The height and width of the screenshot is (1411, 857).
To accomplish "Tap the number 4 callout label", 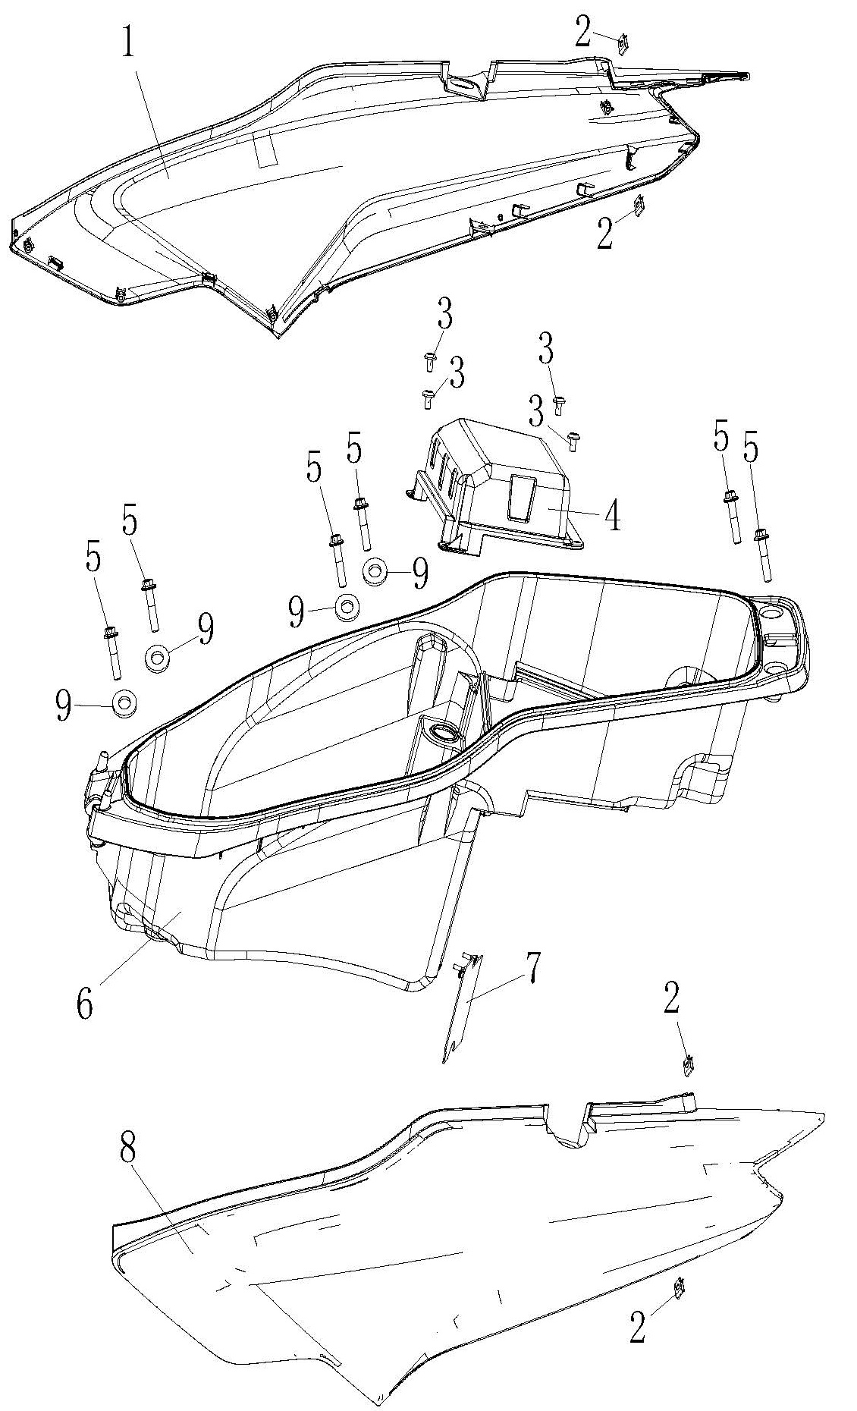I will pos(612,516).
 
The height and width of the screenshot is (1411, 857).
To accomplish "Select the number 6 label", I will pos(83,1004).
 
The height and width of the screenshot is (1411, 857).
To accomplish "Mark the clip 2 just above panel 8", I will pos(689,1066).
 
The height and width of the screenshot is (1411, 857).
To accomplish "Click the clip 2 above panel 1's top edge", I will pos(624,45).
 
